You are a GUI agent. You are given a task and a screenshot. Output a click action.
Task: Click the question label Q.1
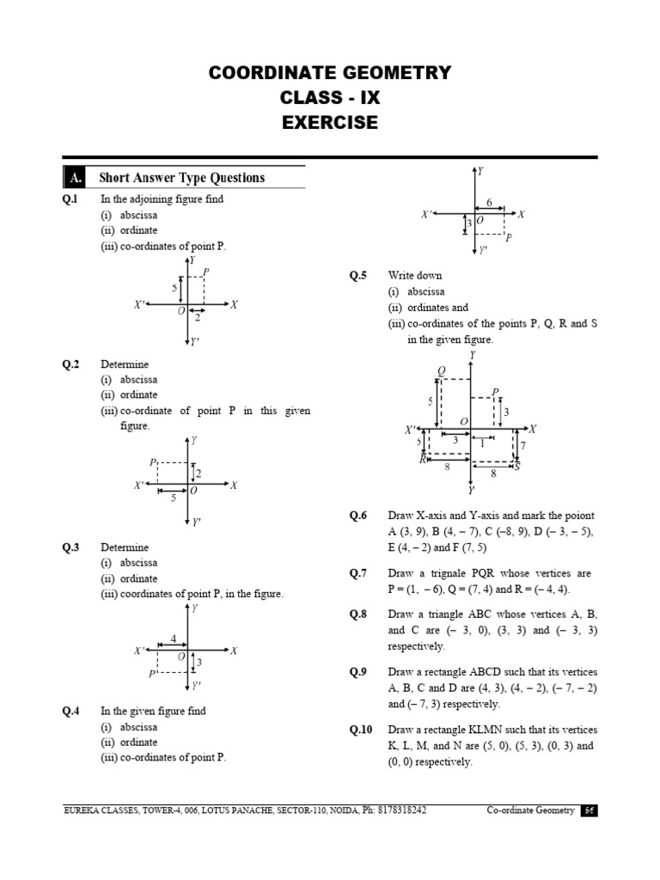pos(70,199)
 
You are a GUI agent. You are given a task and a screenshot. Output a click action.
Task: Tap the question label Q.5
pos(357,276)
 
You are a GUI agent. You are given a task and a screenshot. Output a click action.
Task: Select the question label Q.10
pos(360,730)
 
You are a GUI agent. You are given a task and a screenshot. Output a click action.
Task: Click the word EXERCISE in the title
pos(330,123)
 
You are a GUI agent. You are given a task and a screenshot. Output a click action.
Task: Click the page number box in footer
pos(589,810)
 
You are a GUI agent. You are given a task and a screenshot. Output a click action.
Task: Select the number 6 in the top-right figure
pos(490,203)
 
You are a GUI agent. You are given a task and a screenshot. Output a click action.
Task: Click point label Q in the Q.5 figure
pos(442,371)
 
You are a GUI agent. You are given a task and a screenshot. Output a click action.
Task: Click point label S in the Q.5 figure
pos(516,467)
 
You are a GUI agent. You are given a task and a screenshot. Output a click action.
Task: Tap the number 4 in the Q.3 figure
pos(174,639)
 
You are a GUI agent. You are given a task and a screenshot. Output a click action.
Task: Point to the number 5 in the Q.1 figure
pos(174,288)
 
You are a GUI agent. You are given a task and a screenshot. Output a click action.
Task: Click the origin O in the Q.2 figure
pos(193,490)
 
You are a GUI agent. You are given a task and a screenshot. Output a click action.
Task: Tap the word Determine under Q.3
pos(125,547)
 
